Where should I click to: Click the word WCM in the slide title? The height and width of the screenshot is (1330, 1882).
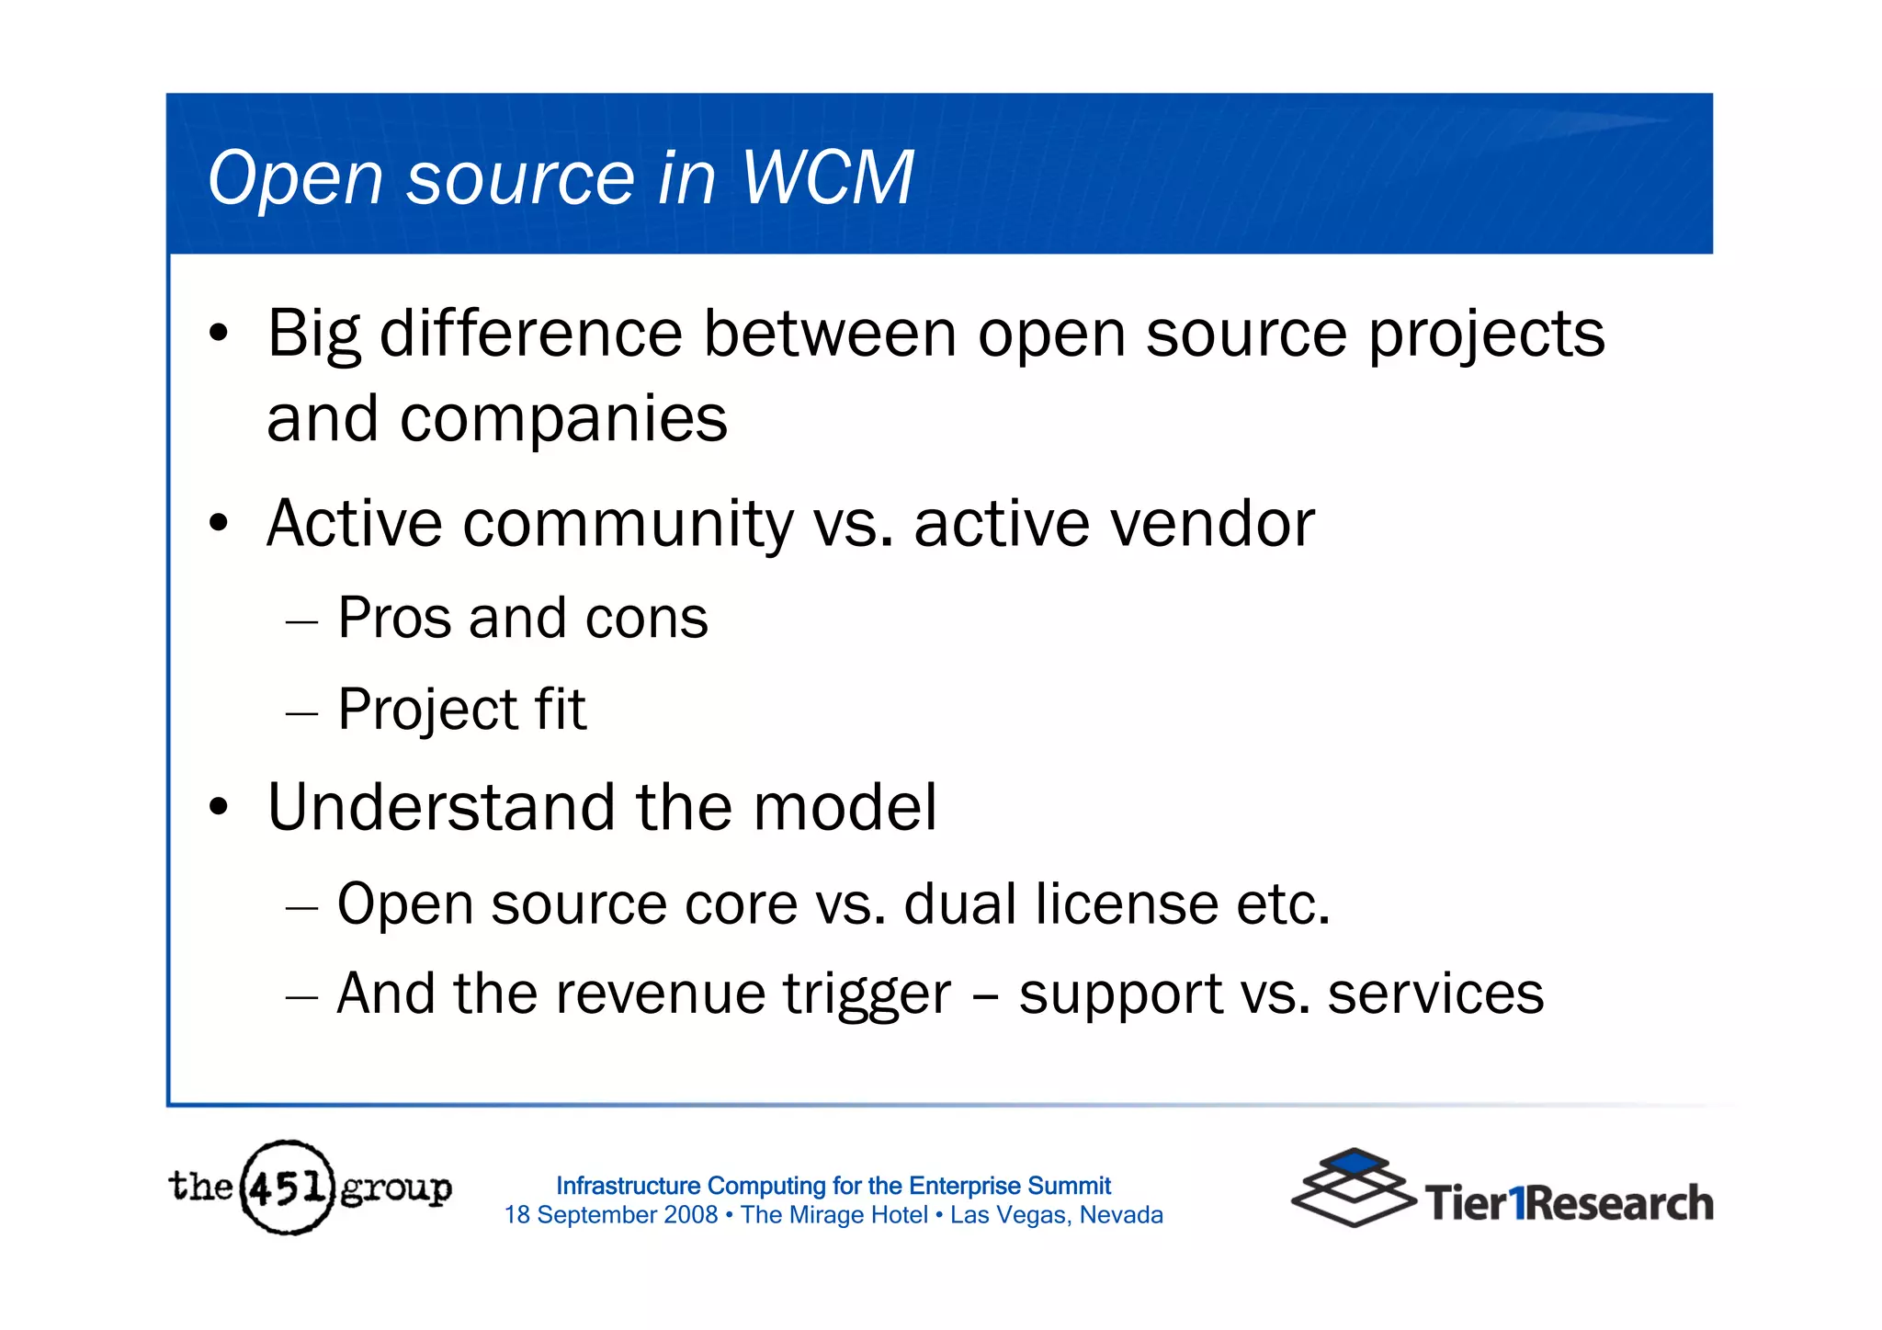[827, 177]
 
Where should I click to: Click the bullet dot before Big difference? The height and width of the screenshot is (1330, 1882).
[218, 334]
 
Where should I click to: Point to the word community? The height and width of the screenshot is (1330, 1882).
[628, 524]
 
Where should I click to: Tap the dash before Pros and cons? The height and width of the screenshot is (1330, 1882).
[301, 623]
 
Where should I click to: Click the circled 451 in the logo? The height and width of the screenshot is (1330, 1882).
[287, 1188]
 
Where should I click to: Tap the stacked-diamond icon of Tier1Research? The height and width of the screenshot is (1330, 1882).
[1352, 1187]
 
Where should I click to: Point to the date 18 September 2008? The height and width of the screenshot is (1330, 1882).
[611, 1215]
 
